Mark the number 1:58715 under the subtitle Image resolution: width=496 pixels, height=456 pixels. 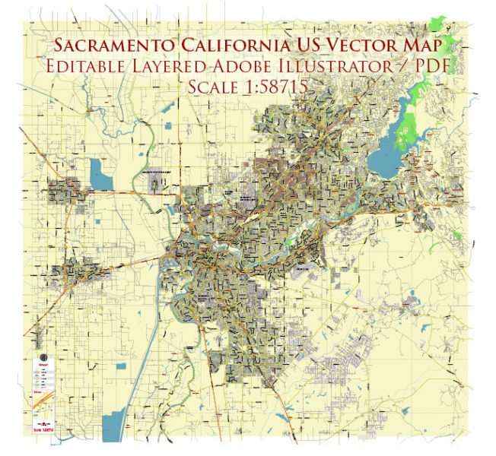click(275, 87)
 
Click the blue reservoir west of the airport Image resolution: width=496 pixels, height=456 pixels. click(100, 175)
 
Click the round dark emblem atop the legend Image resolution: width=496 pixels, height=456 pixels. click(43, 358)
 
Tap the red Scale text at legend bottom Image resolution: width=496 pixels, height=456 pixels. click(43, 431)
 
